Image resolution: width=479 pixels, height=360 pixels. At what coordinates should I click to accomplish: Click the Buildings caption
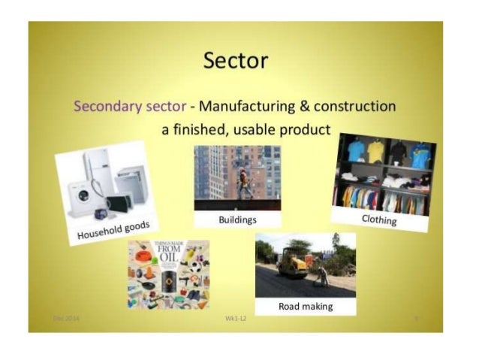pos(237,219)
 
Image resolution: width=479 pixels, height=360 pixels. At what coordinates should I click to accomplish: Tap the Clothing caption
pos(378,219)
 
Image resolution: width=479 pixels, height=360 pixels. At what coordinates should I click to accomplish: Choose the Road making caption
pos(306,307)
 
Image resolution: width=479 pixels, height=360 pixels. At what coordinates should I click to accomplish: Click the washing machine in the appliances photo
pos(82,195)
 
